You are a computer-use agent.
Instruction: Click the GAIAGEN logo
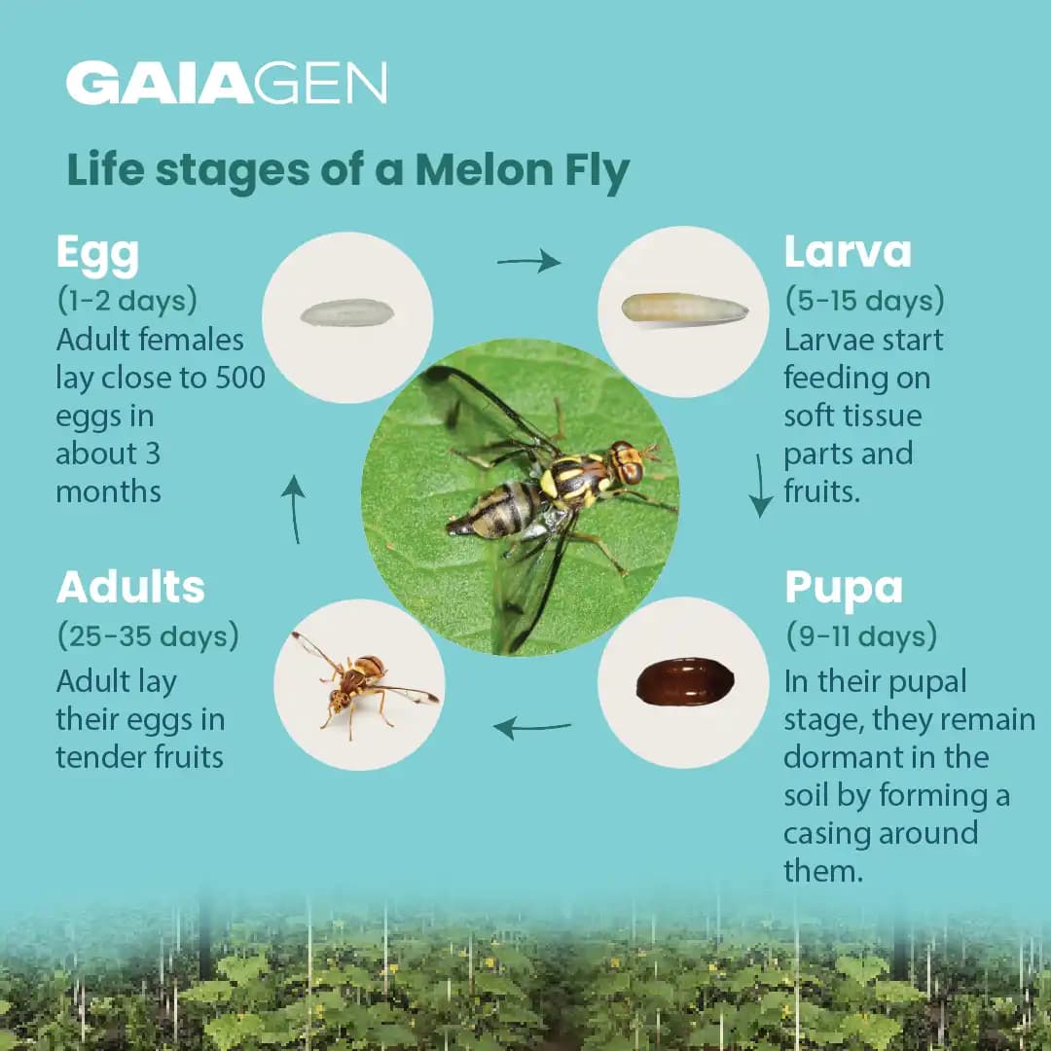226,84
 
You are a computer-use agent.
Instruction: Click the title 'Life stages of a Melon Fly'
347,170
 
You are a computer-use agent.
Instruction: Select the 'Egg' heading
97,253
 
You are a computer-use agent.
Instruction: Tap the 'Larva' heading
848,251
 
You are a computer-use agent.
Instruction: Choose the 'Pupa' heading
844,588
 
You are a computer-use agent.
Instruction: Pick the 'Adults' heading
130,588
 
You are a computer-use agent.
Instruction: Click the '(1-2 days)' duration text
126,300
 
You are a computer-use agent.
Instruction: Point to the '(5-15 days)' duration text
864,300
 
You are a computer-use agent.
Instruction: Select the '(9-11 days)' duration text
860,635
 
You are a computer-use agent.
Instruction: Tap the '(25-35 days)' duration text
147,635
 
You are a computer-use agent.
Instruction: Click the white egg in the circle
346,312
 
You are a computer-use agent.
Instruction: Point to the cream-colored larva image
684,309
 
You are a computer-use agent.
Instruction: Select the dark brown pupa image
684,681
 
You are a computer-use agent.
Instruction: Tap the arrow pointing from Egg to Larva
528,261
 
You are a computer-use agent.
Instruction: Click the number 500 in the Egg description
239,378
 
